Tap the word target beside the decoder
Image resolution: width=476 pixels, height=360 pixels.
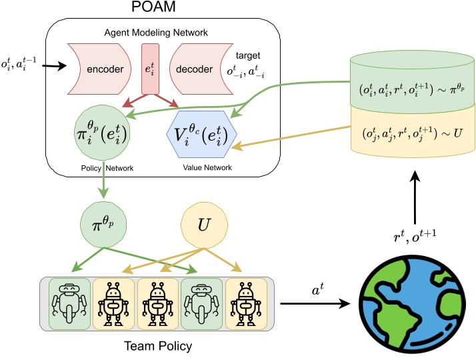click(x=252, y=56)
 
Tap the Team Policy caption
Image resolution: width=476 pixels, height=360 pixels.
click(x=158, y=347)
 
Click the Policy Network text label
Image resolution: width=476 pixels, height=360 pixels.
click(x=103, y=168)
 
